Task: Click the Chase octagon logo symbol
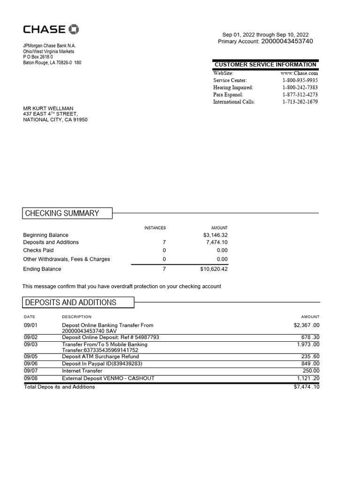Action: coord(74,30)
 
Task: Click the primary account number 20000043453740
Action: coord(287,42)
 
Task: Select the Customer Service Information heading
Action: coord(265,64)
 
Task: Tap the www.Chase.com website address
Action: coord(299,73)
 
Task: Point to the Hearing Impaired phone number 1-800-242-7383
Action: coord(300,88)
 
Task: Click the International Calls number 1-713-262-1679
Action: coord(300,102)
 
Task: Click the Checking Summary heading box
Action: coord(67,213)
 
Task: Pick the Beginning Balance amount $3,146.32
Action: coord(215,235)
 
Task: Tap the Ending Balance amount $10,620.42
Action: coord(214,269)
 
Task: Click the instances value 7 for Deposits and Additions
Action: coord(164,242)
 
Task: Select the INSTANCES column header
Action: coord(155,228)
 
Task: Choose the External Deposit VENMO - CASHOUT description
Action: coord(108,378)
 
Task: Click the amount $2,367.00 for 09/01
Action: coord(306,325)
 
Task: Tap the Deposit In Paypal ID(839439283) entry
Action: coord(102,363)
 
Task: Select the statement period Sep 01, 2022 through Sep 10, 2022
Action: coord(265,35)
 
